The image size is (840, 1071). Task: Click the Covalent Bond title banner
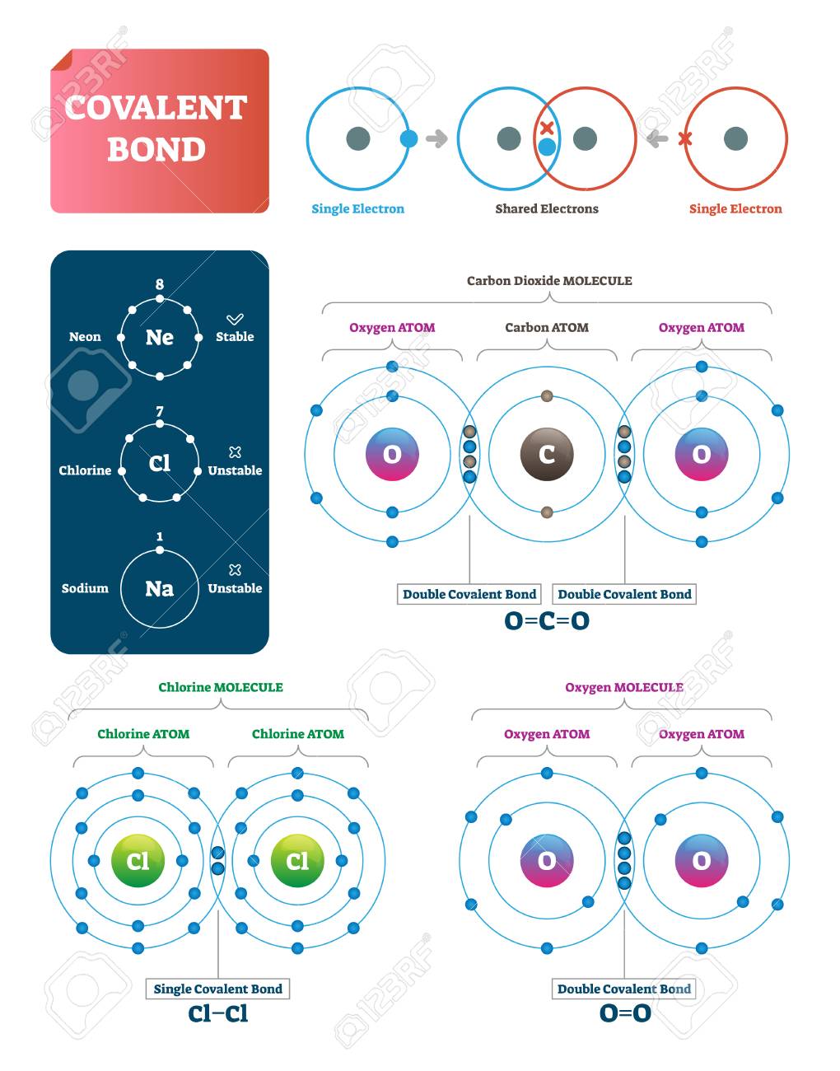click(159, 130)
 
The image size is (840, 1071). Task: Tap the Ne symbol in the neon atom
click(159, 337)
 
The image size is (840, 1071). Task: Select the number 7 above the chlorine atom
click(160, 411)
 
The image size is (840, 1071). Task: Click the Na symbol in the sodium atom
click(159, 588)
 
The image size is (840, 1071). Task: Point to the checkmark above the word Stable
click(235, 319)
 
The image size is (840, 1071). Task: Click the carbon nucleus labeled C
click(547, 454)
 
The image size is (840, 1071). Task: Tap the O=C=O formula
click(547, 620)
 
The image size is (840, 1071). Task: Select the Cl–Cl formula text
click(217, 1013)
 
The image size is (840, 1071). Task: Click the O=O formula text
click(624, 1013)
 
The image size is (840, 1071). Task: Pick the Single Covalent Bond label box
click(217, 989)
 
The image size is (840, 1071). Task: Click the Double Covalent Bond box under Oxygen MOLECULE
click(624, 989)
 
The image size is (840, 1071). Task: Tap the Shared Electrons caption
click(547, 209)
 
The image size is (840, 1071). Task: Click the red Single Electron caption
click(735, 209)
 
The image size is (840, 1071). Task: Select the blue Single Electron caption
click(357, 209)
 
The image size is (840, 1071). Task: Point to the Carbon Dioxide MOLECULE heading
click(549, 281)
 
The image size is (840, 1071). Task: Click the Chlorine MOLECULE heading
click(221, 687)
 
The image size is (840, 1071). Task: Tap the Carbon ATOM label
click(547, 328)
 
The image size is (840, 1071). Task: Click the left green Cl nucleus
click(138, 861)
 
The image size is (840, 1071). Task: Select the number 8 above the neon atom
click(160, 284)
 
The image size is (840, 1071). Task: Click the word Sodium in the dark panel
click(85, 588)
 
